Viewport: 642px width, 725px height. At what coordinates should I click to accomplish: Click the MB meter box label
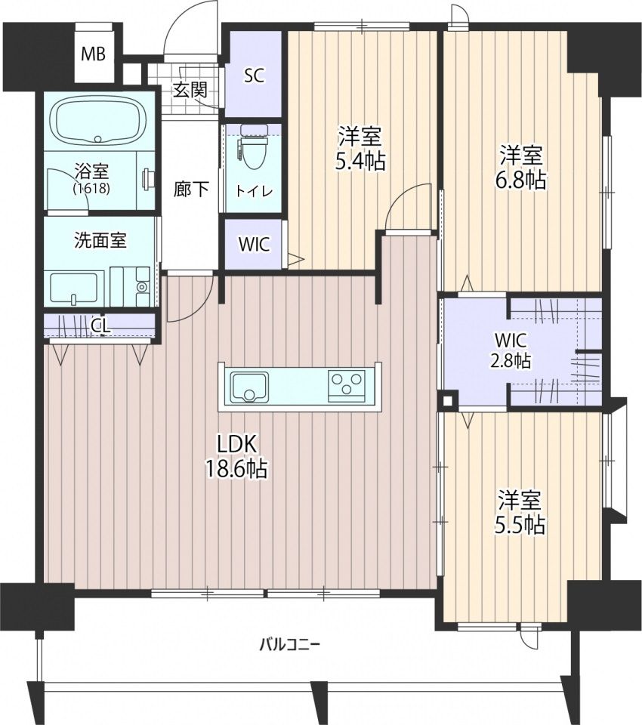coord(93,54)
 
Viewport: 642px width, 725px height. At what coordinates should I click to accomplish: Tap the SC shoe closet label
coord(254,76)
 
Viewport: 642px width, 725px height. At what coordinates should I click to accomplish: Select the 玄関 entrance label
coord(190,90)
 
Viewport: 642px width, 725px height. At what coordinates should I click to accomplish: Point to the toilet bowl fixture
coord(253,147)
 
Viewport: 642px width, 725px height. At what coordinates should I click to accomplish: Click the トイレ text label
coord(253,191)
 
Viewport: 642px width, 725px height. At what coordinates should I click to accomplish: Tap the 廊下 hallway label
coord(191,189)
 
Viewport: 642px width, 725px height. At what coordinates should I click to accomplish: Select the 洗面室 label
coord(100,241)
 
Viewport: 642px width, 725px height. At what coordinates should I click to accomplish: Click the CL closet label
coord(101,326)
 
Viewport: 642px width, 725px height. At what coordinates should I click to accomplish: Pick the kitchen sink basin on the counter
coord(250,386)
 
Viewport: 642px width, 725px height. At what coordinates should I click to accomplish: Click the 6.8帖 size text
coord(521,180)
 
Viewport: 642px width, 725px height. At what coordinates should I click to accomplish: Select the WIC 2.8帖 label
coord(510,350)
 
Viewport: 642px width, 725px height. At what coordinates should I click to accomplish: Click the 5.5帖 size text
coord(520,525)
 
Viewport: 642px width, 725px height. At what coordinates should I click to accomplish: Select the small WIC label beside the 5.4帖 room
coord(254,244)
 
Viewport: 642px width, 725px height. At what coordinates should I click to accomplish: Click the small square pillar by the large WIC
coord(448,400)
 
